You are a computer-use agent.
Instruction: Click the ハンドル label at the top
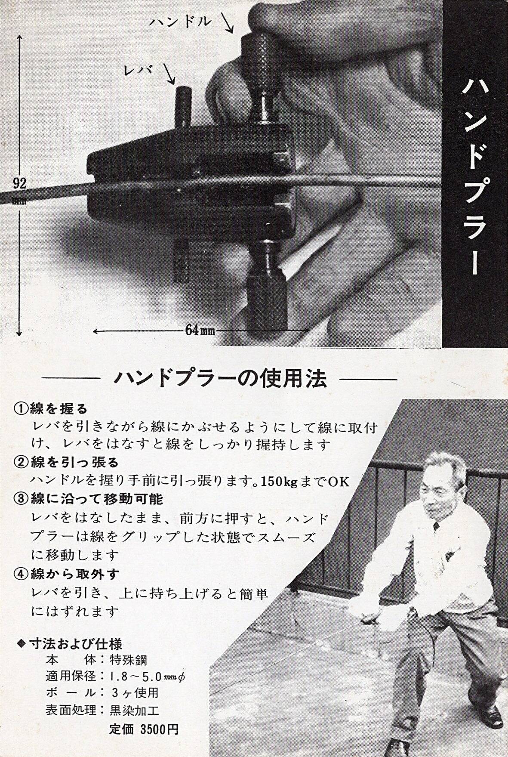click(180, 22)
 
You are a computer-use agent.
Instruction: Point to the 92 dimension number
click(20, 184)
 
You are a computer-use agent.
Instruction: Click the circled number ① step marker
click(21, 408)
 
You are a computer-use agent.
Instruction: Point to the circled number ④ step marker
click(21, 574)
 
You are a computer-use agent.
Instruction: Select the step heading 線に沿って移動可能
click(97, 499)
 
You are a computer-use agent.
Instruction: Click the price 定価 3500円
click(144, 729)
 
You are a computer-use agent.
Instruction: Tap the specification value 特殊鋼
click(129, 660)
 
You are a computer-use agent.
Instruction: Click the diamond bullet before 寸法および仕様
click(21, 644)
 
